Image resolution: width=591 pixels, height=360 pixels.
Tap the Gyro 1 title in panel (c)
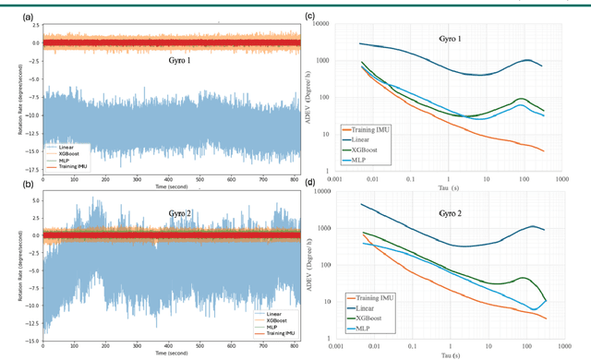[452, 38]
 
